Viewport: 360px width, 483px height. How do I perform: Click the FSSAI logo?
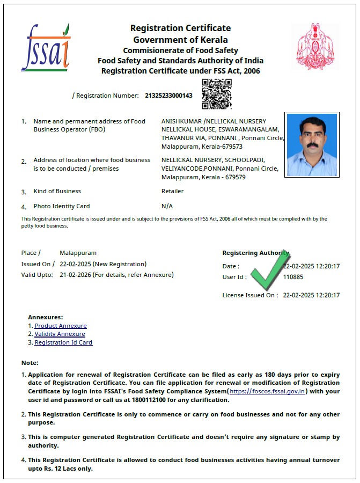click(x=46, y=47)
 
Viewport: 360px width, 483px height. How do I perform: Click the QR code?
click(x=216, y=94)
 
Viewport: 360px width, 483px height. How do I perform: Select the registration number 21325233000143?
click(x=168, y=96)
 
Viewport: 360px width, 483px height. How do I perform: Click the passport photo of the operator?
click(x=312, y=144)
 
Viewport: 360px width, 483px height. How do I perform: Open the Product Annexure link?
click(x=61, y=326)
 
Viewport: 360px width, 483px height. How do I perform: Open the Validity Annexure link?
click(x=60, y=334)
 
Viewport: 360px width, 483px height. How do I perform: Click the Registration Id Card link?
click(x=63, y=342)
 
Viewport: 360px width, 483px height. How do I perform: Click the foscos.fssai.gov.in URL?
click(x=268, y=391)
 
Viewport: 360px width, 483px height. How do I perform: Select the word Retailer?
click(x=172, y=191)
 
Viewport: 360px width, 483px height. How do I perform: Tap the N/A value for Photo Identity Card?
click(x=167, y=206)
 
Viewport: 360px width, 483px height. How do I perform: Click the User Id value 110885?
click(x=293, y=277)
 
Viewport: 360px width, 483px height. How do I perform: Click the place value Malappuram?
click(x=78, y=252)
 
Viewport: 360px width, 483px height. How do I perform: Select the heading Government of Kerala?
click(x=180, y=40)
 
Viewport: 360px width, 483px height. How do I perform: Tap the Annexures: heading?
click(x=46, y=317)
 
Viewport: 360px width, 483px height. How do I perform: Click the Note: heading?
click(x=30, y=363)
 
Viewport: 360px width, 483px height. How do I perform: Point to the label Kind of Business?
click(x=57, y=191)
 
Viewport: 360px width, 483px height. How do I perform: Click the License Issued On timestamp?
click(x=311, y=295)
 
